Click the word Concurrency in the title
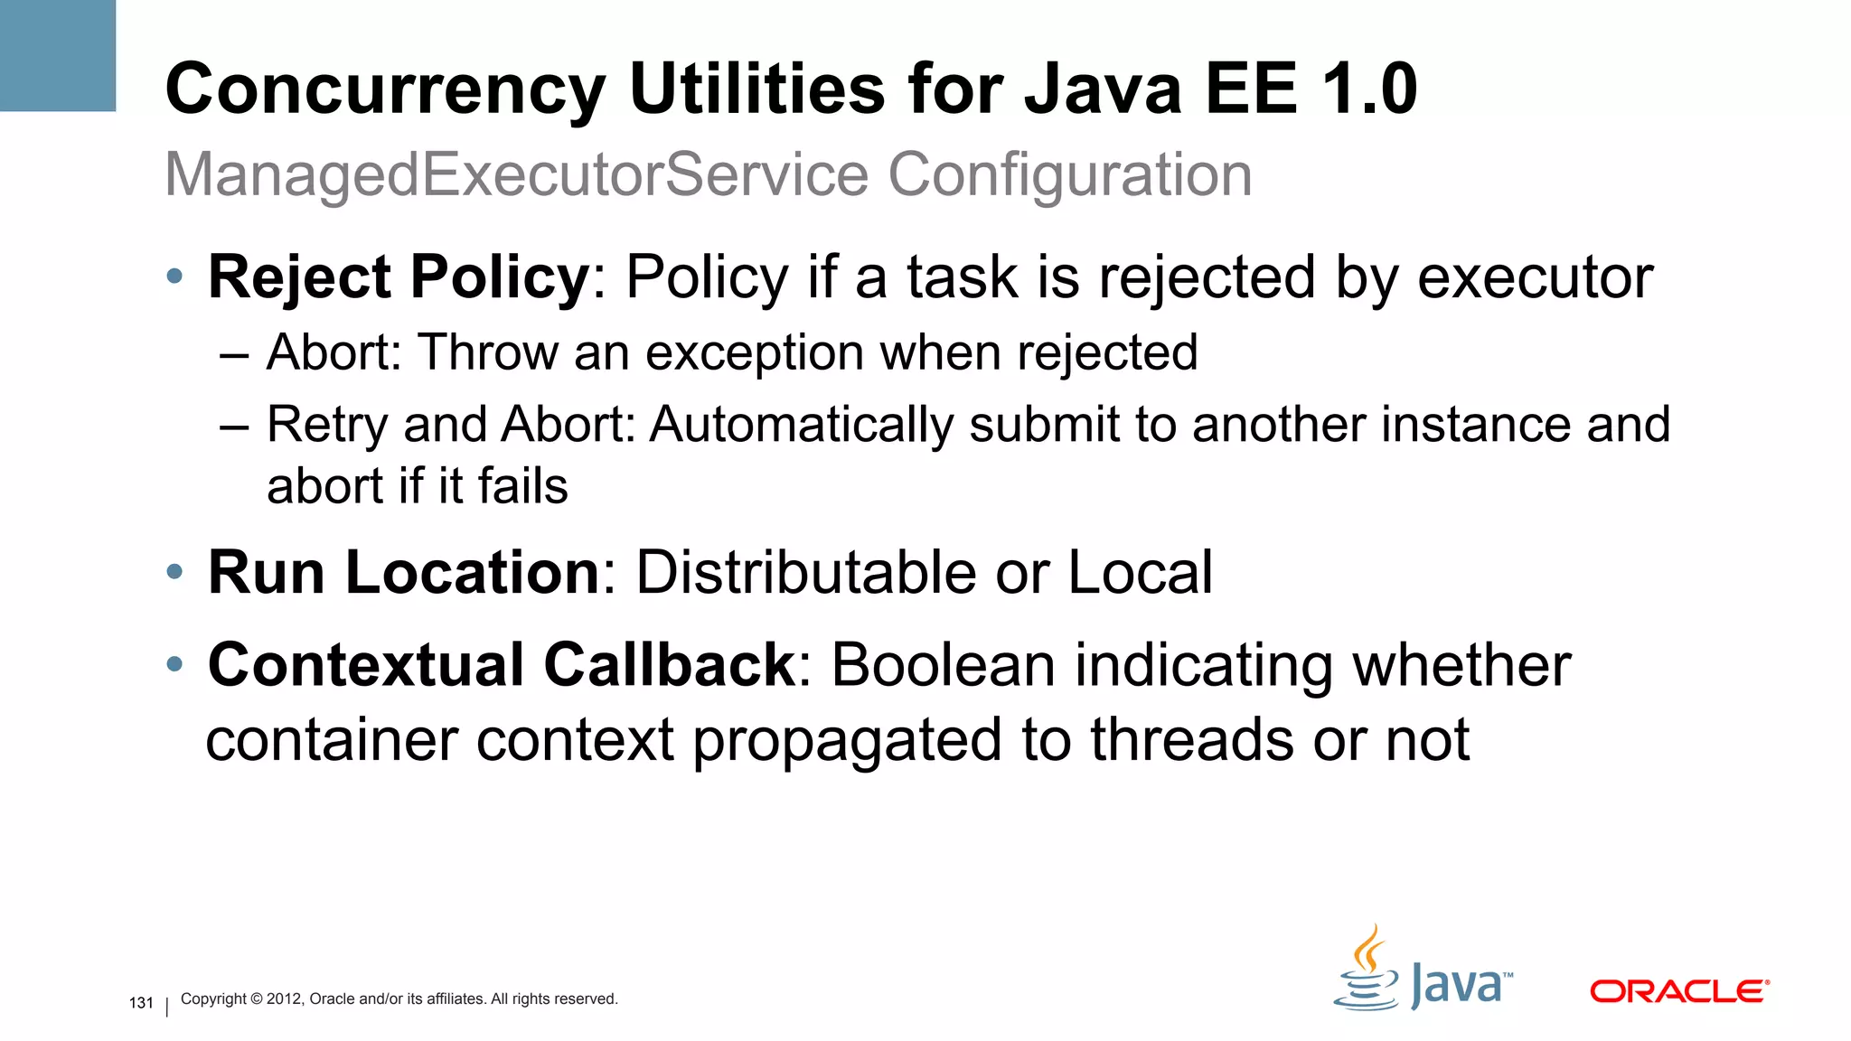[x=386, y=90]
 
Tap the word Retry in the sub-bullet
[x=327, y=426]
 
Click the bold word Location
[x=473, y=572]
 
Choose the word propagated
[x=848, y=740]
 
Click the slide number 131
[x=141, y=1003]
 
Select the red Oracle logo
[x=1678, y=991]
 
